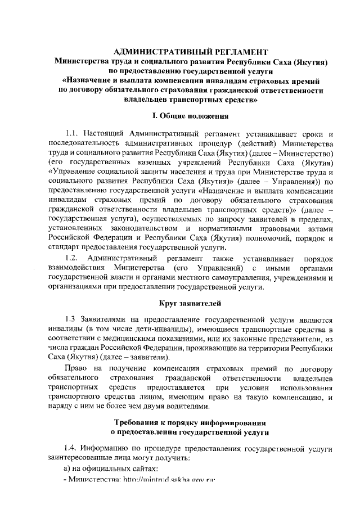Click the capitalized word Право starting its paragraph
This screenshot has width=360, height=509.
(x=74, y=368)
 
